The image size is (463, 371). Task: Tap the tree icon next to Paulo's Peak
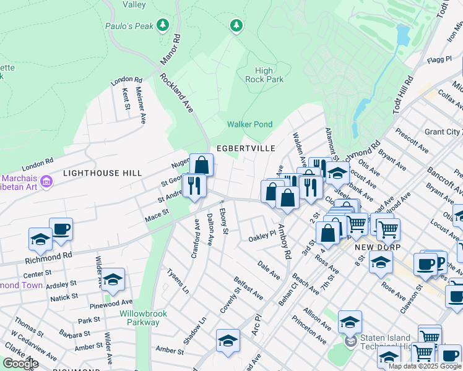(x=163, y=25)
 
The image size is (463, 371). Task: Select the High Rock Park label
(x=264, y=75)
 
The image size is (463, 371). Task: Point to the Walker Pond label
(x=249, y=124)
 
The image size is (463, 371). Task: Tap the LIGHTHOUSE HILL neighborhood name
(x=102, y=174)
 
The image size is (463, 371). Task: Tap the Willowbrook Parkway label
(x=144, y=318)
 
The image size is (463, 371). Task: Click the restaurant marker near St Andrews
(x=194, y=185)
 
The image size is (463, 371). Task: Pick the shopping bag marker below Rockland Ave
(x=201, y=165)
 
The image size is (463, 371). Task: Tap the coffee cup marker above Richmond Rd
(x=61, y=229)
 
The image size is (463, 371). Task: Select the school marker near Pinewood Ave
(x=113, y=281)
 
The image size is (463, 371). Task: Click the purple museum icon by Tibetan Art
(x=46, y=181)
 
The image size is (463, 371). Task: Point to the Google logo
(x=20, y=364)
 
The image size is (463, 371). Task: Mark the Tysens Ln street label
(x=177, y=280)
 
